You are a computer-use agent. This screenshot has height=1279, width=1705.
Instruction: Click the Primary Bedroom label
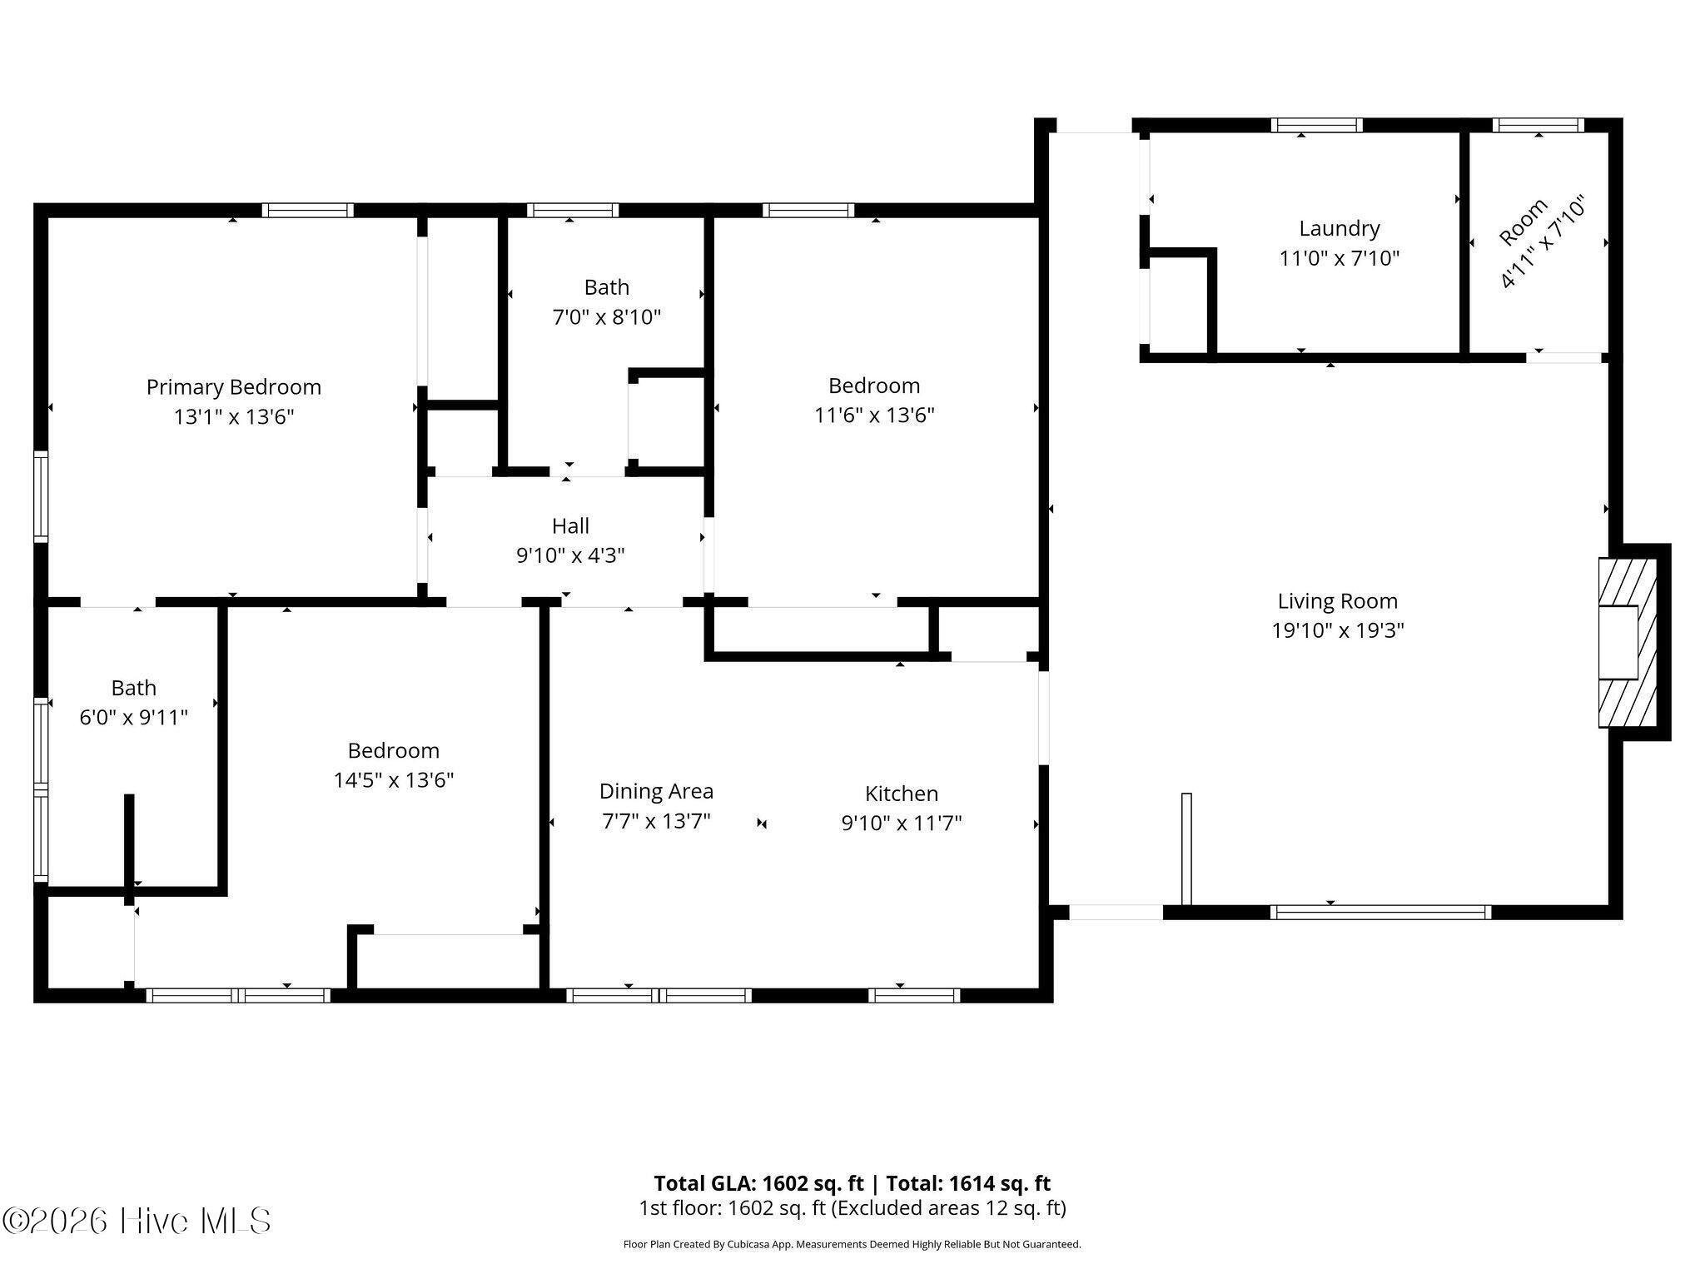(x=233, y=387)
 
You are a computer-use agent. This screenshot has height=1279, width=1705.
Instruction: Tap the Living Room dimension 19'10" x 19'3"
(x=1337, y=630)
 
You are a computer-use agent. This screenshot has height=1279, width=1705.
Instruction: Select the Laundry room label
(x=1339, y=228)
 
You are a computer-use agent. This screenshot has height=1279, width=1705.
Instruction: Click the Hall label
(x=570, y=526)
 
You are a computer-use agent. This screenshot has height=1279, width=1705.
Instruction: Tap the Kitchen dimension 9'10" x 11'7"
(x=901, y=824)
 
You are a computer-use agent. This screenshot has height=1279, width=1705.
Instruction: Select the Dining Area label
(x=656, y=791)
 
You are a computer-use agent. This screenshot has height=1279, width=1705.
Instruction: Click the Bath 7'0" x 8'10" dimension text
(x=606, y=317)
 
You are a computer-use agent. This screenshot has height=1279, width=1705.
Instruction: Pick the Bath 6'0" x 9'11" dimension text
(x=133, y=718)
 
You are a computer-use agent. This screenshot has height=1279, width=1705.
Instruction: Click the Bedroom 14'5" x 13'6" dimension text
(x=393, y=780)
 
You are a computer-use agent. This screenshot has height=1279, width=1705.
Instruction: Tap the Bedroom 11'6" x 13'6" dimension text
(x=873, y=415)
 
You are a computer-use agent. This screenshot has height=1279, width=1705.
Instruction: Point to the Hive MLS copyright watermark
(x=137, y=1221)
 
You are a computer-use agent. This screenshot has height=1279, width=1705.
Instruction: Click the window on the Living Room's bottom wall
(x=1380, y=913)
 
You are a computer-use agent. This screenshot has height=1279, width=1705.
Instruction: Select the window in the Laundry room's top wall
(x=1316, y=126)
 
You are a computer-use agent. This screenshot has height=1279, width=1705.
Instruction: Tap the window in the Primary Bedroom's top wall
(x=307, y=210)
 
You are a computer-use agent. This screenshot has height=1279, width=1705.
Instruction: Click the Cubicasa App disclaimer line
(x=852, y=1245)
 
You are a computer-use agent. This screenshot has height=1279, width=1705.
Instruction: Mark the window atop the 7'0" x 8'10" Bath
(x=572, y=210)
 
